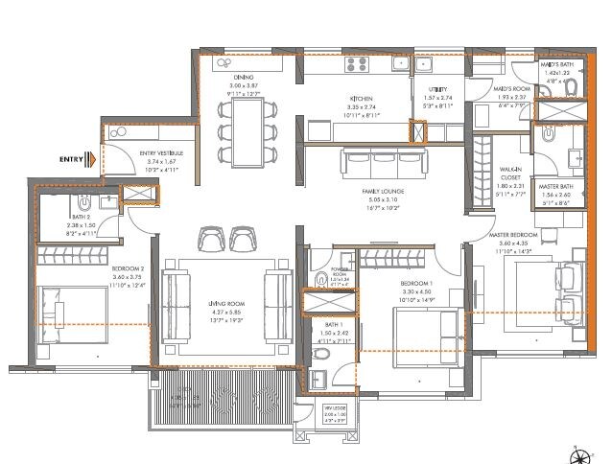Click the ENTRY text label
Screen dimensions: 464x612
coord(70,159)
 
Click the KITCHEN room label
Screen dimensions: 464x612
coord(361,99)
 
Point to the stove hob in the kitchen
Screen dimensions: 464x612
coord(358,65)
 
